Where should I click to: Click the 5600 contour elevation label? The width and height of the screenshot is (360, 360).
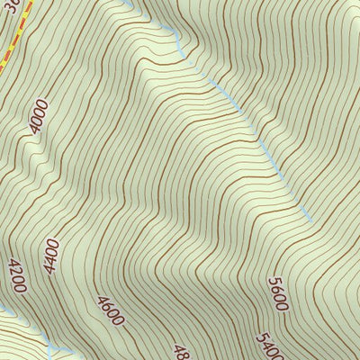277,293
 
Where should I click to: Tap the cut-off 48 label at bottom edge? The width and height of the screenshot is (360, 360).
180,351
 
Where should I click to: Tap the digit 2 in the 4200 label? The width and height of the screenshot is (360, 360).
15,270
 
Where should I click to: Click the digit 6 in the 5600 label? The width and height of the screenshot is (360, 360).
276,289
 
